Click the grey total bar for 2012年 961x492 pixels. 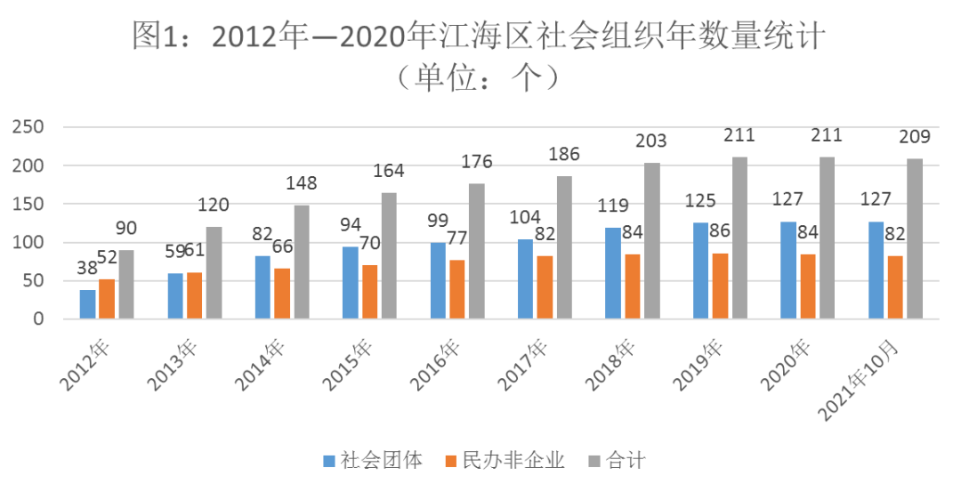pyautogui.click(x=126, y=285)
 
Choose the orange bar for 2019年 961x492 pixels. pyautogui.click(x=720, y=286)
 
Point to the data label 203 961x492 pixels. pyautogui.click(x=651, y=141)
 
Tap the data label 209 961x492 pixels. pyautogui.click(x=914, y=137)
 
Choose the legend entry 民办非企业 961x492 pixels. pyautogui.click(x=504, y=461)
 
